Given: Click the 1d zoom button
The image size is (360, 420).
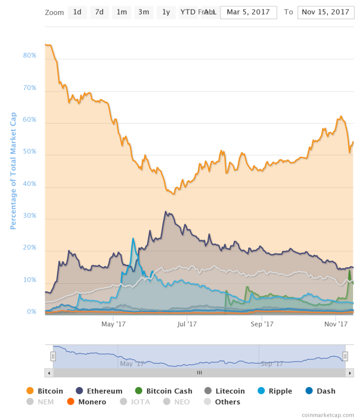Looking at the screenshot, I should [77, 12].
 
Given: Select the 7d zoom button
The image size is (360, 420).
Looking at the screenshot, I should [99, 12].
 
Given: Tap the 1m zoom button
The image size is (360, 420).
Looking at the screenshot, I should [121, 12].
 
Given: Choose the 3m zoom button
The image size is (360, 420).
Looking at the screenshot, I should [143, 12].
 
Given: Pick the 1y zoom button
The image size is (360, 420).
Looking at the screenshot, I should [166, 12].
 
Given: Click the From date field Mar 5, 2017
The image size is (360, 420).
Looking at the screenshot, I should [248, 12].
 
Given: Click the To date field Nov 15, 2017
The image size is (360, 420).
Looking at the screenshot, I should [326, 12].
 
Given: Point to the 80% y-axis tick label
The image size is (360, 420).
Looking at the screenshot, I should [29, 55].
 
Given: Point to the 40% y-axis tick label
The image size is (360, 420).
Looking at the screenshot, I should [29, 184].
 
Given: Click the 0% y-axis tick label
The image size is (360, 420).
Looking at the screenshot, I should [31, 311].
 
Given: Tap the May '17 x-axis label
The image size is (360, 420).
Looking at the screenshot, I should [113, 323].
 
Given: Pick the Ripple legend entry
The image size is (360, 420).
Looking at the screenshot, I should [274, 391].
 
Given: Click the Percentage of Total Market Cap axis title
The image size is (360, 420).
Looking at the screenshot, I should [13, 170].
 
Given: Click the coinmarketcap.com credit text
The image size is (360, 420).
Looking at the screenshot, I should [328, 414].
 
